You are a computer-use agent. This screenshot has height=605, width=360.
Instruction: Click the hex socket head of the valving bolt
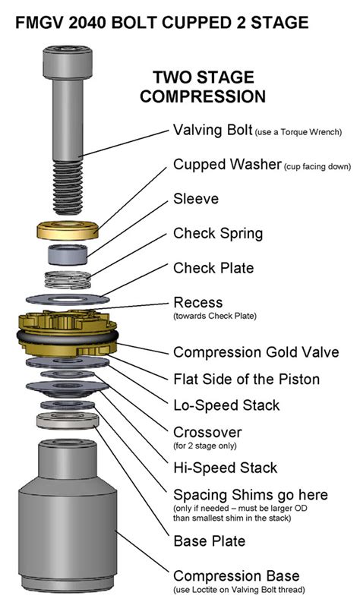point(68,61)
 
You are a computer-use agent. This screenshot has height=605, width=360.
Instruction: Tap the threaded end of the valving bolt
point(68,187)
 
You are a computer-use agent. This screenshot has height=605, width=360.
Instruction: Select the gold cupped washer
point(68,230)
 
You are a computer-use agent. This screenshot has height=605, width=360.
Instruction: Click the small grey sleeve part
point(68,254)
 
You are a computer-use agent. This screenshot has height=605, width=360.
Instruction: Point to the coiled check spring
point(68,279)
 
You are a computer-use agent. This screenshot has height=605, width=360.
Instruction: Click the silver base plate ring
point(68,421)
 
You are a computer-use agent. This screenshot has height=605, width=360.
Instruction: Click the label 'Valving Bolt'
point(213,130)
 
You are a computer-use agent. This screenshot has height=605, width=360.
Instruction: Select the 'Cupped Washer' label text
point(227,165)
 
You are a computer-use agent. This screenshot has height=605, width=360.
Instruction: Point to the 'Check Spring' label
point(218,234)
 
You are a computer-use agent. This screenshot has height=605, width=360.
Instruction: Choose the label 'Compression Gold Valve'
point(256,352)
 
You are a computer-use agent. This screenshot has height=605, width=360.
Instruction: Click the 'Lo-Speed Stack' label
point(226,405)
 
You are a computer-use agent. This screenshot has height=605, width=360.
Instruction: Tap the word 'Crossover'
point(207,432)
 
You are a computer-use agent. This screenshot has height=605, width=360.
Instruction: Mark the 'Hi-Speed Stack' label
point(225,468)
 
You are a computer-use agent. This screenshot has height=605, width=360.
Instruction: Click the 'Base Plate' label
point(209,541)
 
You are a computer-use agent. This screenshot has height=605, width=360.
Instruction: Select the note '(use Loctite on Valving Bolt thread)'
point(238,590)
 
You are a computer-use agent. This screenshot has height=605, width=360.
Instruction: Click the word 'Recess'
point(198,302)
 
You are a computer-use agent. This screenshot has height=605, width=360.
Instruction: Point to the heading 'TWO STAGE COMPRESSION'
point(203,87)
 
